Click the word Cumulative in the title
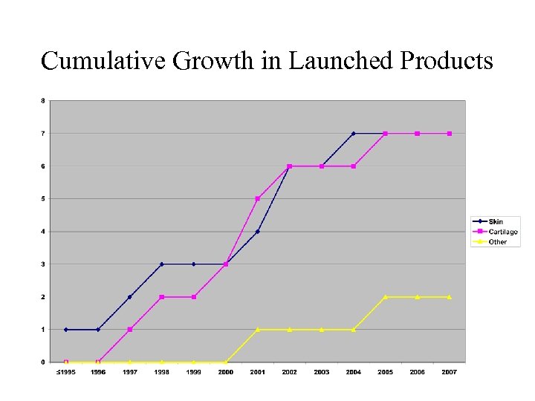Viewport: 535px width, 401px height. click(103, 60)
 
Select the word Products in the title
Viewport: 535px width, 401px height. click(446, 60)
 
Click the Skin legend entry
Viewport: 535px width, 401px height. click(496, 222)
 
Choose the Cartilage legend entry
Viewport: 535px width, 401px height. click(502, 232)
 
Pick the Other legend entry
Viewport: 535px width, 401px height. click(498, 241)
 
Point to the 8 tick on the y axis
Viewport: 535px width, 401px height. click(42, 100)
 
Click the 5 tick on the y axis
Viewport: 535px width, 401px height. click(42, 198)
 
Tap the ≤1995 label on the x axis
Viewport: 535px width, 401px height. click(65, 372)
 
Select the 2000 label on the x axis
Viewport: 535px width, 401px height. click(226, 372)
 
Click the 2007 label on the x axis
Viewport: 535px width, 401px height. click(450, 372)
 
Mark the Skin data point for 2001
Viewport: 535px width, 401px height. click(257, 232)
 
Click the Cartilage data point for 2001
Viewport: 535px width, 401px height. click(257, 199)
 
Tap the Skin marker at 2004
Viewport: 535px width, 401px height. click(354, 134)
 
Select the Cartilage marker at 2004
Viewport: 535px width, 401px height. click(354, 166)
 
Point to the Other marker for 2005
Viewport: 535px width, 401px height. click(386, 297)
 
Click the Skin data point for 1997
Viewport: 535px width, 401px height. click(129, 297)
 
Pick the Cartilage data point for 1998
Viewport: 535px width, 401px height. click(161, 297)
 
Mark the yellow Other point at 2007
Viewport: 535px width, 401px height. click(450, 297)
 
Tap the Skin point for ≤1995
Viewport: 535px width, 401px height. click(65, 330)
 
